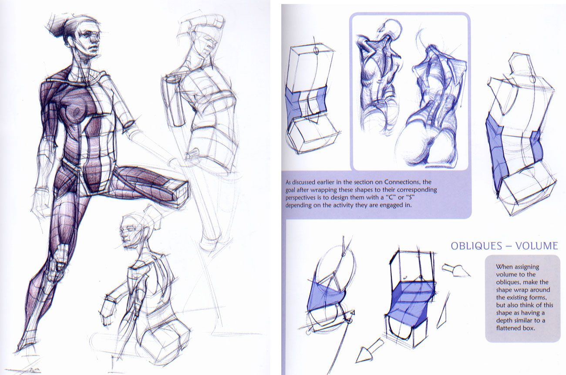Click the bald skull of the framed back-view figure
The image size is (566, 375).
tap(391, 30)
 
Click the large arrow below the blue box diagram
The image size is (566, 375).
tap(366, 354)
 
